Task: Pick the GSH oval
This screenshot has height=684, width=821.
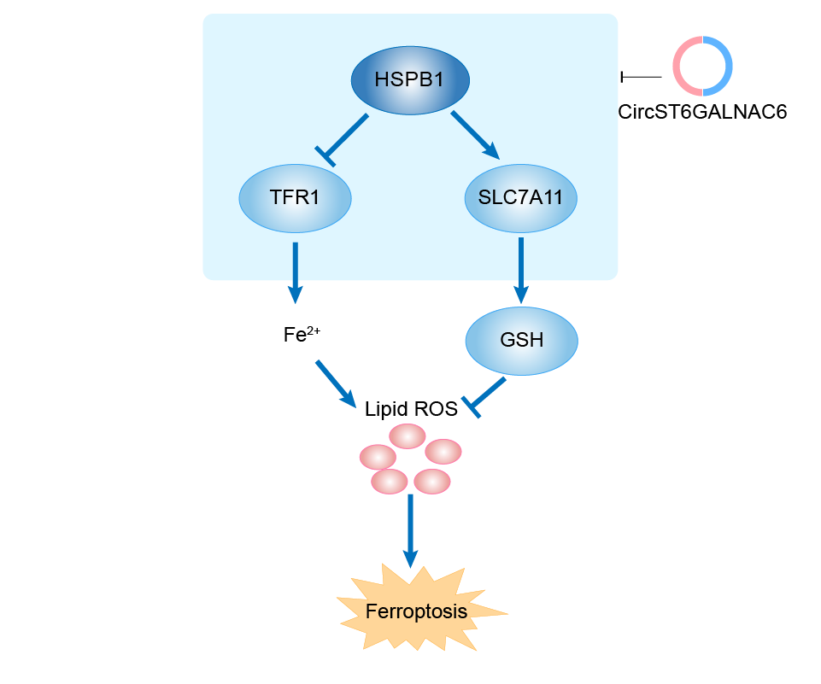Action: click(521, 340)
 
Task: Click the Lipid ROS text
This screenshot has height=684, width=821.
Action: click(411, 409)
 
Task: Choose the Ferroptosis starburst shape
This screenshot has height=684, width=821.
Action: click(417, 611)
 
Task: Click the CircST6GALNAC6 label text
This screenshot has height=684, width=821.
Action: click(702, 111)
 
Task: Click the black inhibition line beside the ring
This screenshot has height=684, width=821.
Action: click(641, 77)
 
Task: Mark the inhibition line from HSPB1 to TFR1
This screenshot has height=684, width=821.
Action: click(345, 137)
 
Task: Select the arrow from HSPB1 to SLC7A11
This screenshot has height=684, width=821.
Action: click(475, 134)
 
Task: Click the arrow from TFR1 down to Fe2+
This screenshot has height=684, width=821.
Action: click(295, 272)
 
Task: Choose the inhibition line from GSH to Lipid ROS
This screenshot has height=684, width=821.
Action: click(487, 395)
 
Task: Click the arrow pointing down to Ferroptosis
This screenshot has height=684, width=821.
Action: click(411, 529)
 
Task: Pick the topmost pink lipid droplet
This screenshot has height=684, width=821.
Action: click(407, 436)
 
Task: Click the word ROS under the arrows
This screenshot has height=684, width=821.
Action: click(436, 409)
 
